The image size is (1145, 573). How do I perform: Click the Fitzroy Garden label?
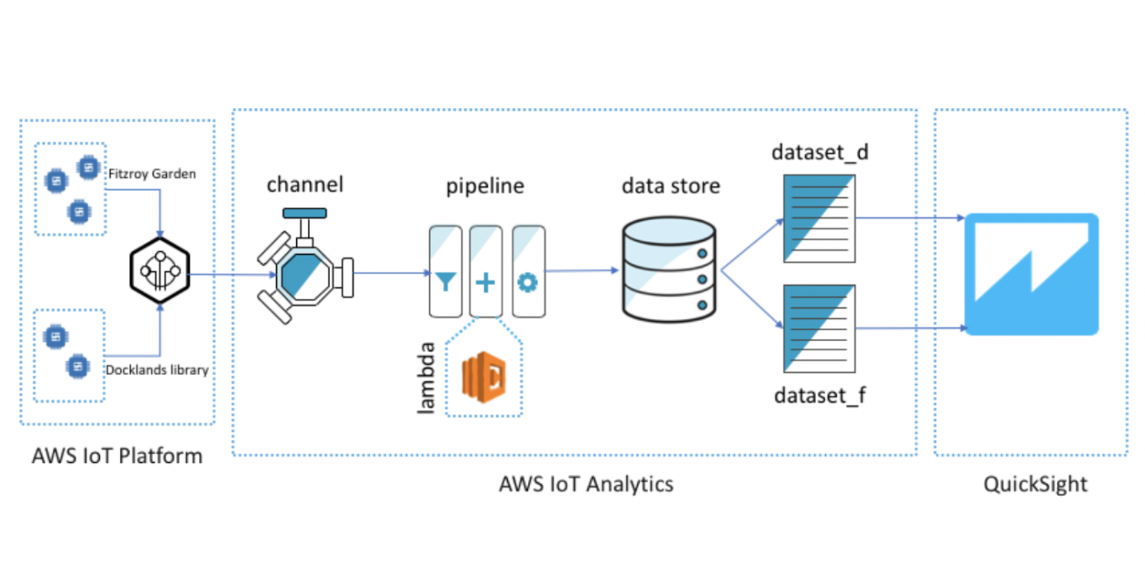click(x=152, y=173)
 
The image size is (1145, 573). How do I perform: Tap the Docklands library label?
click(x=157, y=370)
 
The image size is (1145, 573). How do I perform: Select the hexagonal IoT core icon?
click(x=160, y=272)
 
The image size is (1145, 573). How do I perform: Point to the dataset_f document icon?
click(x=819, y=328)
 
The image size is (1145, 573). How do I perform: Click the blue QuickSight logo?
click(x=1030, y=274)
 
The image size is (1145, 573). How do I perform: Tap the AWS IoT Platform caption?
click(x=117, y=456)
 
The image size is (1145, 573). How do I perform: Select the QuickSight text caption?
click(x=1035, y=483)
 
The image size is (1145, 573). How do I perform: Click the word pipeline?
click(x=484, y=187)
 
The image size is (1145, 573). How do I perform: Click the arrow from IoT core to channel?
click(x=232, y=274)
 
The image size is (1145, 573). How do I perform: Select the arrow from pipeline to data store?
click(x=582, y=270)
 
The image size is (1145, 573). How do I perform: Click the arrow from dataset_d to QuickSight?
click(x=909, y=217)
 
